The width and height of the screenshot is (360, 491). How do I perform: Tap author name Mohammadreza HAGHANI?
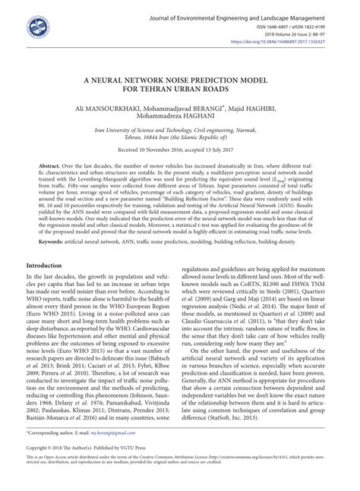(179, 118)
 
